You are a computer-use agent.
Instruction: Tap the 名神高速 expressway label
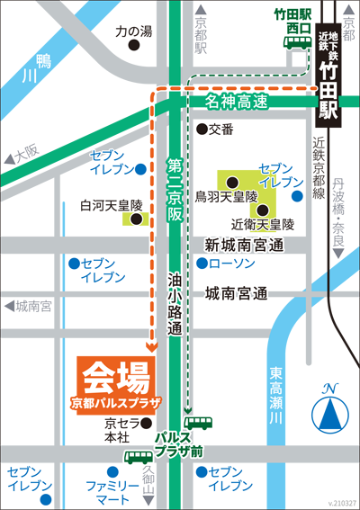[x=236, y=102]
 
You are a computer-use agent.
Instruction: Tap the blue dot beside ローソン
[x=202, y=264]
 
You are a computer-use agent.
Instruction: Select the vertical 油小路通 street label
[x=175, y=306]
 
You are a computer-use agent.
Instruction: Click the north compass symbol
[x=330, y=411]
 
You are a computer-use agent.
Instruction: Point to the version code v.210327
[x=341, y=503]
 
